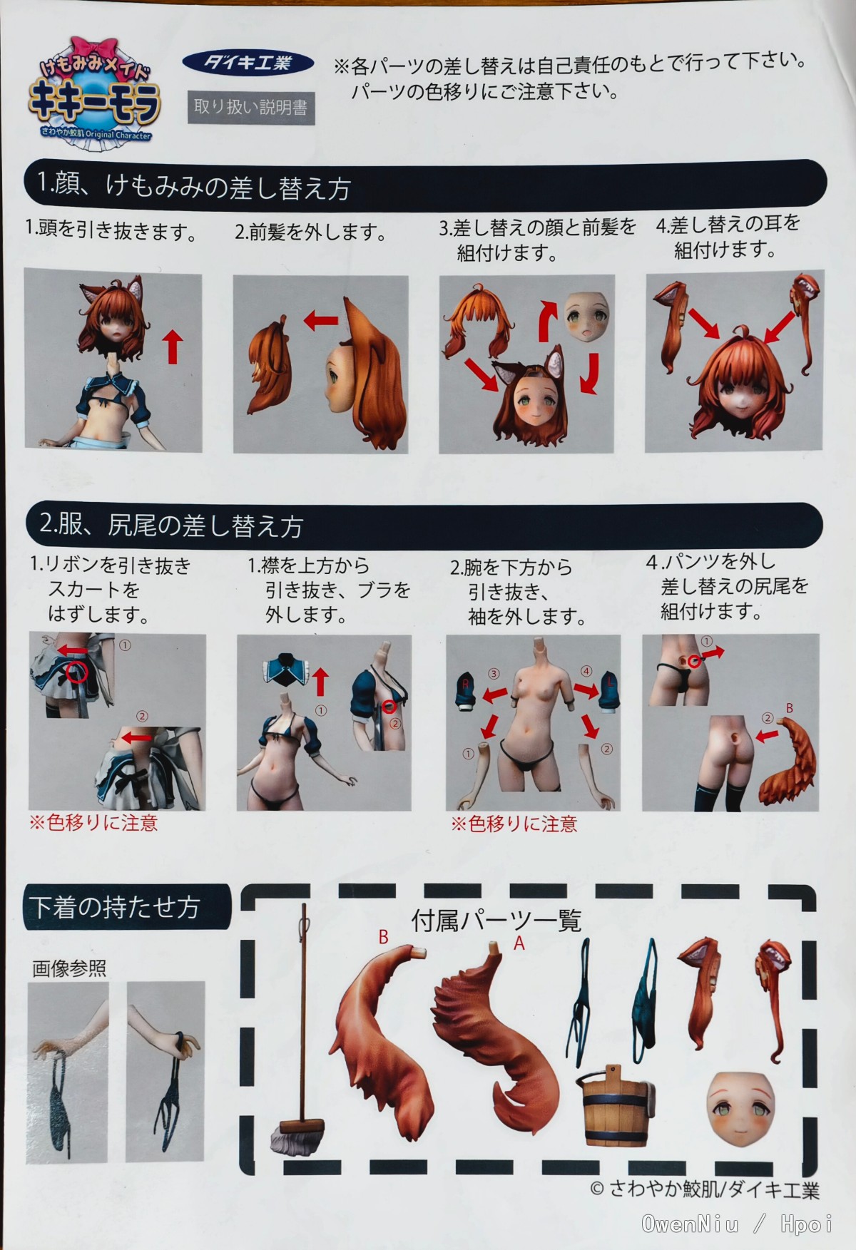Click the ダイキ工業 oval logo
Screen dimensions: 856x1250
click(x=248, y=63)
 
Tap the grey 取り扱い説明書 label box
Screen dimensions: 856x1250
click(x=250, y=108)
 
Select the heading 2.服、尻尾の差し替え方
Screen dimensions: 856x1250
click(x=171, y=525)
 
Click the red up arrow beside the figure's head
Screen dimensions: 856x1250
click(x=173, y=347)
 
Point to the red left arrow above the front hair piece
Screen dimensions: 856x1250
click(x=320, y=319)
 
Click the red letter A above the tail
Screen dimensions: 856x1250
click(x=519, y=943)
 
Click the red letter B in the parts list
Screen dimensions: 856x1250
click(x=383, y=937)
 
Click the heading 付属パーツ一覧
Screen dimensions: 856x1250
click(x=496, y=920)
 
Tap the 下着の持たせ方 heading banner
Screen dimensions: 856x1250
click(x=127, y=906)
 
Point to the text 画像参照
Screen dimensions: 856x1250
click(x=69, y=968)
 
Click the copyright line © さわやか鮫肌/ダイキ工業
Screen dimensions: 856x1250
click(x=704, y=1189)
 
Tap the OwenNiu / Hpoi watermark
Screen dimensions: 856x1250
click(x=736, y=1224)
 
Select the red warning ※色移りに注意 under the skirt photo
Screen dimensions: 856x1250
click(x=93, y=823)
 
